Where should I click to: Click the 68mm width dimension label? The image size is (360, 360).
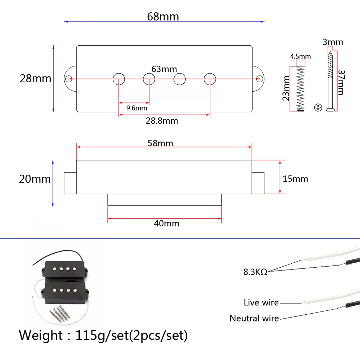point(163,17)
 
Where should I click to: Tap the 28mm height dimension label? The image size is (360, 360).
point(35,78)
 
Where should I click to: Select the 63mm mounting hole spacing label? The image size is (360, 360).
point(164,69)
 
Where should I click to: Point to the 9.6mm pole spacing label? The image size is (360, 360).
point(137,107)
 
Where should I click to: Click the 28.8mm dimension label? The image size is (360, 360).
point(162,121)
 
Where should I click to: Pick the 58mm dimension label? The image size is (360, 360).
point(160,143)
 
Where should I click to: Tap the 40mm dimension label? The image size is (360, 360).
point(166,223)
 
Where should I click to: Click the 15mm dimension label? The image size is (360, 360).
point(295,179)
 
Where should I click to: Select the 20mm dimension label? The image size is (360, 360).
point(35,179)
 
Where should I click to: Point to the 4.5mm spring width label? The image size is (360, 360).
point(300,56)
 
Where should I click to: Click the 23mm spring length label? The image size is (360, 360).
point(286,88)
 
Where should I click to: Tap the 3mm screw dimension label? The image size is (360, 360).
point(332,42)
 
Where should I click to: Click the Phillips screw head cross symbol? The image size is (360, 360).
point(318,107)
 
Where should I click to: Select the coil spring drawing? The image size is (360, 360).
point(300,89)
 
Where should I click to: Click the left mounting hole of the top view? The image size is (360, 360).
point(70,78)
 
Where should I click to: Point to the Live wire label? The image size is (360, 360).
point(261,303)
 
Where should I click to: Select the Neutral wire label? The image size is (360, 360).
point(254,318)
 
